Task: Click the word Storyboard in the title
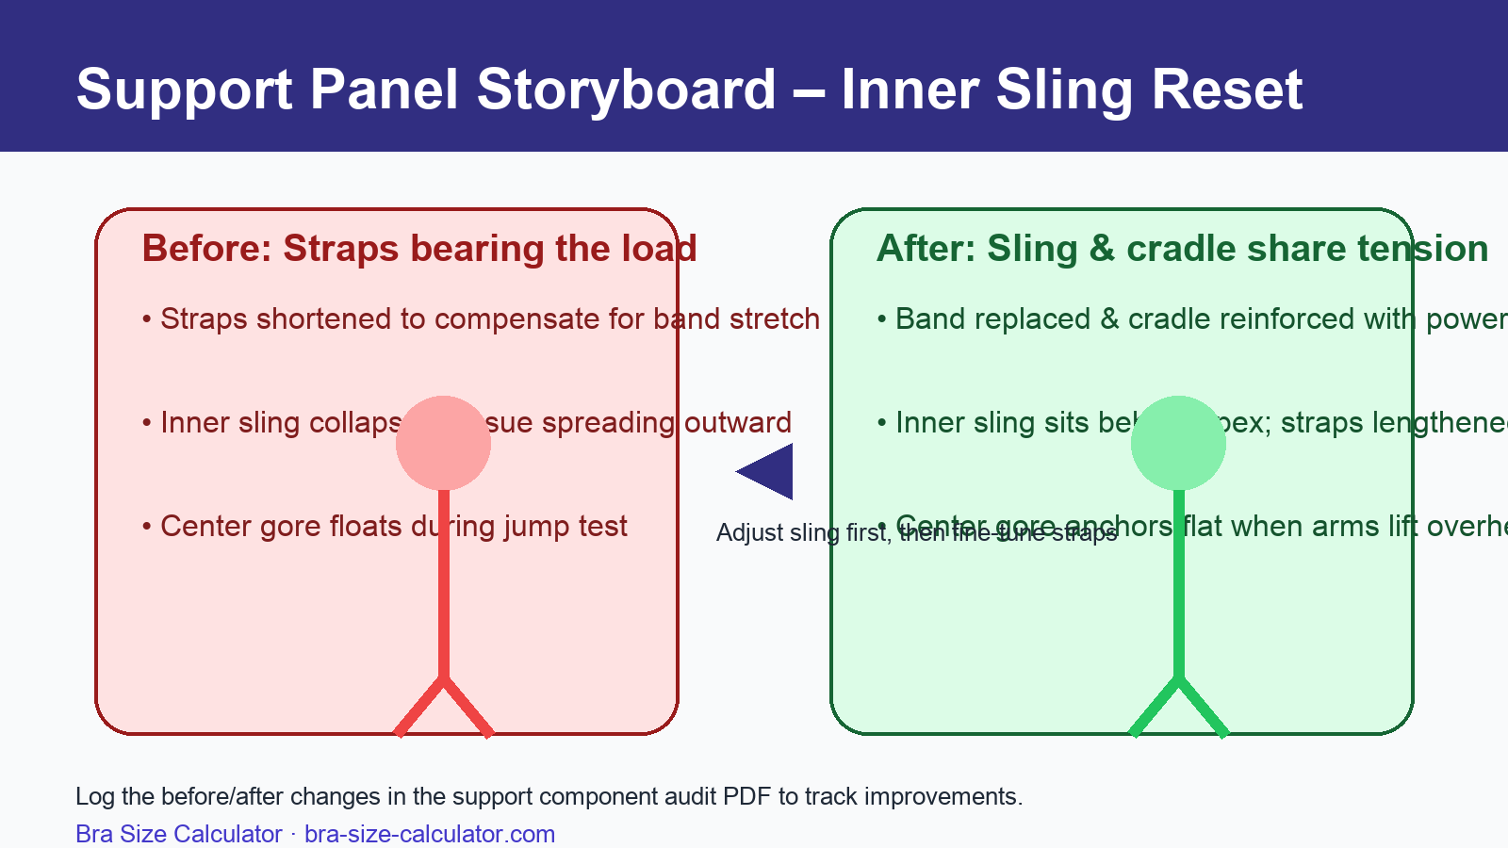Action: click(x=626, y=90)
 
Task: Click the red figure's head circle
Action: click(x=443, y=443)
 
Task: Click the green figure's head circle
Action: click(x=1178, y=443)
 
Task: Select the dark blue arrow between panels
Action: click(x=768, y=471)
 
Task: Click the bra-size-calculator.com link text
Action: click(x=430, y=834)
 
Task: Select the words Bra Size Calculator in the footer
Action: click(x=179, y=834)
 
